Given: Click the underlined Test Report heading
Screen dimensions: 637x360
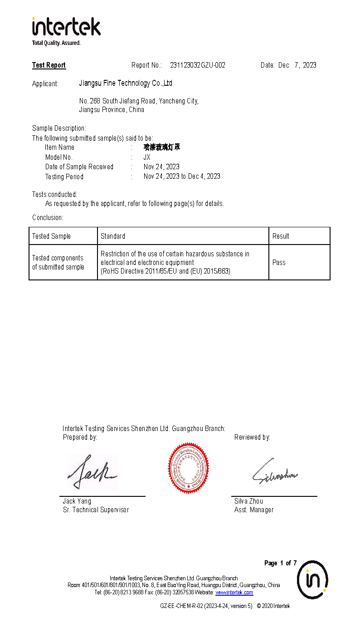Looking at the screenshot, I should coord(49,65).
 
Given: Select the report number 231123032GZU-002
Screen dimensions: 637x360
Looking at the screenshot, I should coord(197,65).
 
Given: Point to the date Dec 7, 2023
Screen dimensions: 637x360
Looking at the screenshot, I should coord(297,65).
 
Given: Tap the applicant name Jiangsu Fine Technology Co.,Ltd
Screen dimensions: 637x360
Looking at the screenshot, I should coord(126,83).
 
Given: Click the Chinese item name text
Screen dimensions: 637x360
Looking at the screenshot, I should coord(162,147).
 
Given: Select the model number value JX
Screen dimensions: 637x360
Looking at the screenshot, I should coord(147,157).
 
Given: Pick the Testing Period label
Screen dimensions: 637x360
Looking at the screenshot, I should coord(64,176).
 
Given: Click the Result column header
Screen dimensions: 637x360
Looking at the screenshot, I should coord(281,236).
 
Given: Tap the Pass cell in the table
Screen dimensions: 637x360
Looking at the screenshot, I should coord(279,263).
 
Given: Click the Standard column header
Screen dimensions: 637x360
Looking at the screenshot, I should coord(113,236).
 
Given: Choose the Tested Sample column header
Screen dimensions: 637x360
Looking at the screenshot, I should coord(51,236).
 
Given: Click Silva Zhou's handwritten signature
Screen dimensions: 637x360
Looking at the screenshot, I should coord(274,473).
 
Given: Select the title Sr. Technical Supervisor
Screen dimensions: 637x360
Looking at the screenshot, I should coord(96,510).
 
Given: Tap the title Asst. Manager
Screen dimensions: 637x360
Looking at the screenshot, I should coord(254,510).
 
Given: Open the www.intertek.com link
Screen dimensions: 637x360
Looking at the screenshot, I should coord(234,593).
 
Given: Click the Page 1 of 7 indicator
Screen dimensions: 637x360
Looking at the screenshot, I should coord(280,563).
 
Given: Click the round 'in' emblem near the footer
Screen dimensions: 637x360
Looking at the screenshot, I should coord(312,580).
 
